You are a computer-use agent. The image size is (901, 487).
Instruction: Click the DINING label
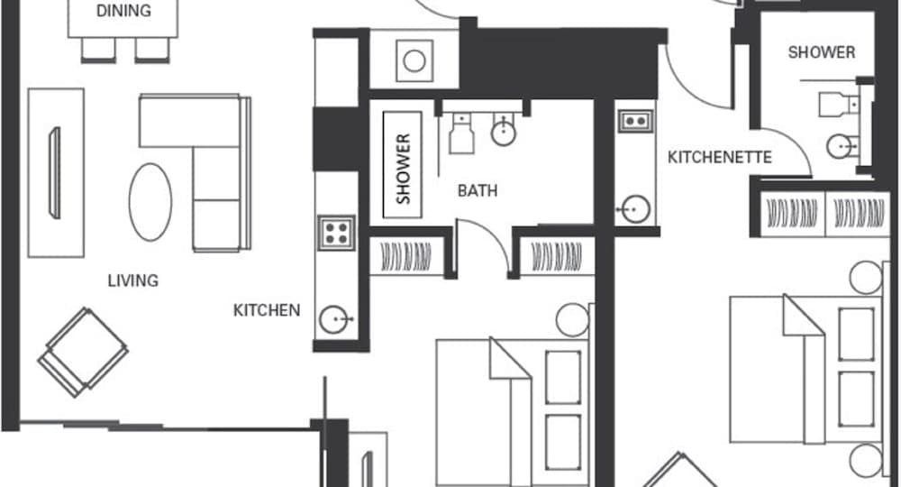123,12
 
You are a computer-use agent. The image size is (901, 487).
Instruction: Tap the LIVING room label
133,280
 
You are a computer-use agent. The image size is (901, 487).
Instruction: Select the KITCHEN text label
267,310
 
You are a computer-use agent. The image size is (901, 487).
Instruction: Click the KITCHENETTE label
719,158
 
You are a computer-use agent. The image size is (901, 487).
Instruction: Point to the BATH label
478,191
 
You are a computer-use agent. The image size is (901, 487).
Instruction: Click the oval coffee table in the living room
150,201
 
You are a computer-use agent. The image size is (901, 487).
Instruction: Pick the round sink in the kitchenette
636,210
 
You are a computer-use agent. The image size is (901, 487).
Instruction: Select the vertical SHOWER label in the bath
403,169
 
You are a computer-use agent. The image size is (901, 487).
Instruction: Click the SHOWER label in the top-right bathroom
821,52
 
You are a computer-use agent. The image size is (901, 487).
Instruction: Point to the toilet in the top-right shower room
833,105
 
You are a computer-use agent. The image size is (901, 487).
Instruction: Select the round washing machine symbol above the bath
414,61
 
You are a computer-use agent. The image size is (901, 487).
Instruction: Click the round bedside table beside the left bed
572,319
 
